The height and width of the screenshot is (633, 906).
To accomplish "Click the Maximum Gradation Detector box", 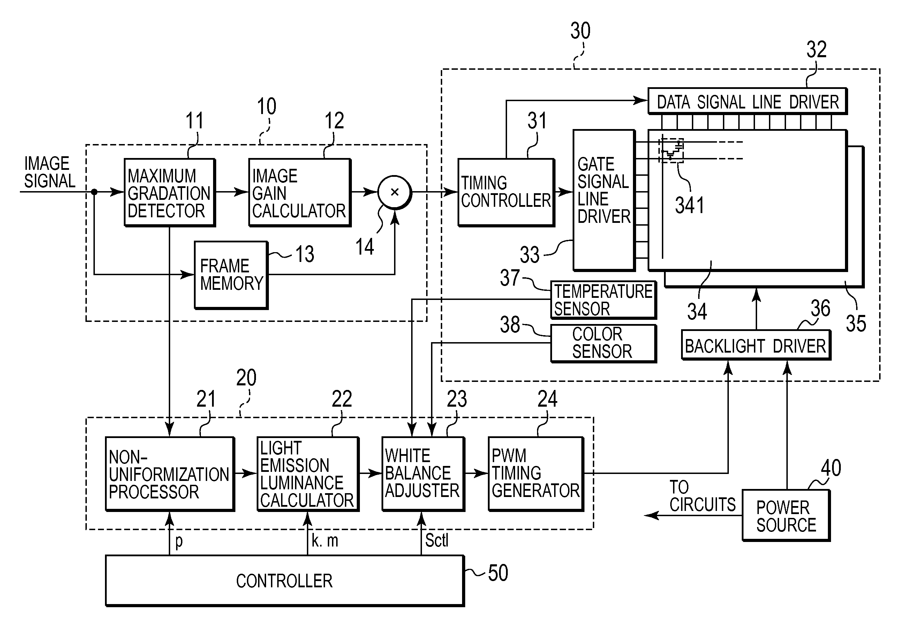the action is [170, 193].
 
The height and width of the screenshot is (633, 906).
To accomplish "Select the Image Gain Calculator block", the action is [300, 193].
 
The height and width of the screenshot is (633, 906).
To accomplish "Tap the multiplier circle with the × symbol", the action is [395, 192].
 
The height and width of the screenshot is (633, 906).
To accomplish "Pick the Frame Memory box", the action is [231, 275].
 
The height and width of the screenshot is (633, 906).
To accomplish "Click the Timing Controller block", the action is [506, 193].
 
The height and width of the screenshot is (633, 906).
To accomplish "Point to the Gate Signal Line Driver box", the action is [604, 201].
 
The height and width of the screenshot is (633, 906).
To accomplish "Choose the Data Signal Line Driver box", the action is [748, 101].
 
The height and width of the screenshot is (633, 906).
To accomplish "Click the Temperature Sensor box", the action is [604, 300].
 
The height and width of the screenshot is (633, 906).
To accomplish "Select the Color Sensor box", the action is [604, 343].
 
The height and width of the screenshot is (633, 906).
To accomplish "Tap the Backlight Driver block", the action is [756, 345].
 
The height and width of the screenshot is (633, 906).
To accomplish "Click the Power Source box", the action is [786, 515].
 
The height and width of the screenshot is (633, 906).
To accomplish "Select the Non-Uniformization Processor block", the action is [170, 474].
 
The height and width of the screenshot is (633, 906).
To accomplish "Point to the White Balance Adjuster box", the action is [423, 474].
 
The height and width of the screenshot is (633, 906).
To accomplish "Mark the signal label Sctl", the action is [436, 540].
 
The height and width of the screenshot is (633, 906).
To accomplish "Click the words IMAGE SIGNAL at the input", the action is [49, 172].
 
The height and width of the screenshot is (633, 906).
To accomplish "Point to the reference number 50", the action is [498, 573].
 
